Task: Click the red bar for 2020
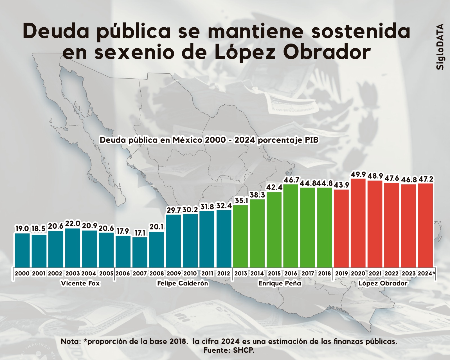(x=358, y=222)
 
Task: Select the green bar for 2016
(x=291, y=225)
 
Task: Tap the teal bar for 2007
(x=140, y=252)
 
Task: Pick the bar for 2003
(x=73, y=247)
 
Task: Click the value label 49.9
(x=358, y=175)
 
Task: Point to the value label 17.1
(x=140, y=233)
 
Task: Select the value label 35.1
(x=240, y=201)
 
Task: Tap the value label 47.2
(x=426, y=179)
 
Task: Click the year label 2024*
(x=426, y=273)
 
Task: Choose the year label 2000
(x=22, y=273)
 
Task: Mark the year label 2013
(x=240, y=273)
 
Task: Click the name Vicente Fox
(x=80, y=283)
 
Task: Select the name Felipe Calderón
(x=182, y=283)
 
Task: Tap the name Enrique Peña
(x=280, y=283)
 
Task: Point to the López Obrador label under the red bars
(x=383, y=283)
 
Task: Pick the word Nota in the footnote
(x=70, y=341)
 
